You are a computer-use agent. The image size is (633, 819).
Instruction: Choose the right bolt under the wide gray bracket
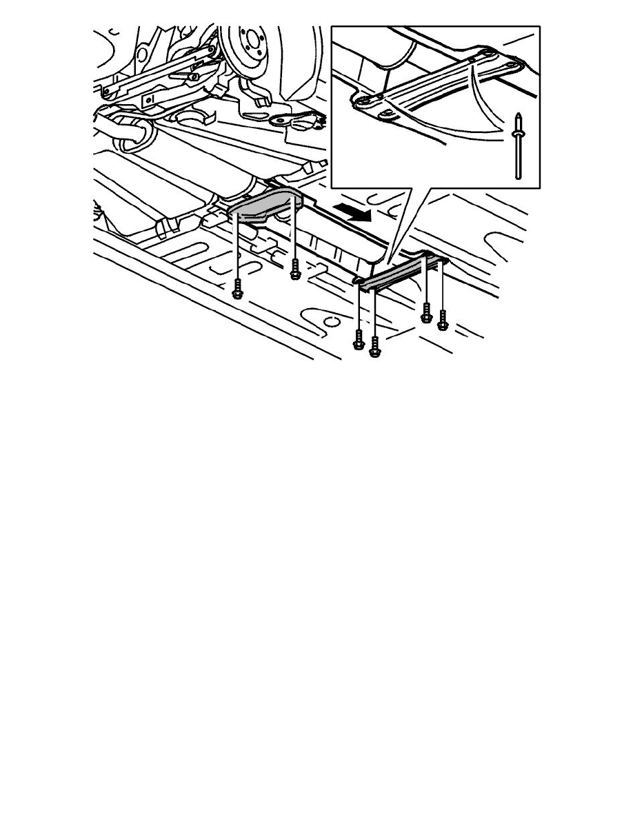(295, 270)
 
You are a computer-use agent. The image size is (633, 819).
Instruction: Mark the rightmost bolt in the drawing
(443, 318)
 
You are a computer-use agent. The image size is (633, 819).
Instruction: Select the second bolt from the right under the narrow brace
(426, 314)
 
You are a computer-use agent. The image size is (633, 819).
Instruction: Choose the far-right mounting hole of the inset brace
(512, 65)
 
